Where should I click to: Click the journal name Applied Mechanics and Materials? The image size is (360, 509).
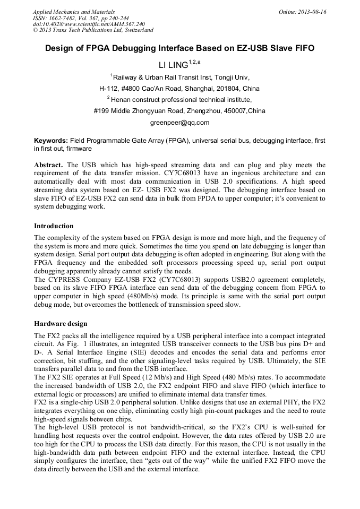(73, 12)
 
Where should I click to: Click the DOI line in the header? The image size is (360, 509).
(88, 24)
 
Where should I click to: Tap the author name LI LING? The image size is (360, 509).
(174, 65)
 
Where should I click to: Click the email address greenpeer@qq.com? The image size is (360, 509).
(180, 123)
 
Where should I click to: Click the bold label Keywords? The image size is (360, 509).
(50, 141)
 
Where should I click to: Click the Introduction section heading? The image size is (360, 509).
(54, 226)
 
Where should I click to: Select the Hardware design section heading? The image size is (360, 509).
(61, 323)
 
